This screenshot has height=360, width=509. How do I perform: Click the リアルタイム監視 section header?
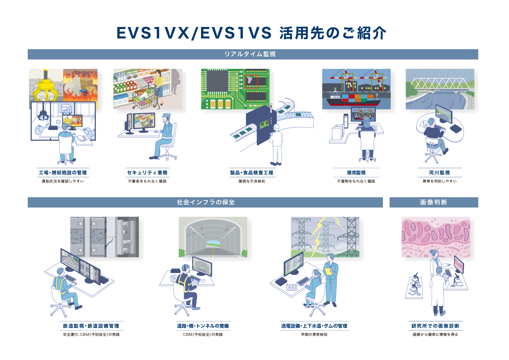pyautogui.click(x=250, y=54)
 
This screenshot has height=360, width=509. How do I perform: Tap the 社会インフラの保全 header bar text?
pyautogui.click(x=206, y=202)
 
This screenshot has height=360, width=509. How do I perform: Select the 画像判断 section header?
pyautogui.click(x=433, y=202)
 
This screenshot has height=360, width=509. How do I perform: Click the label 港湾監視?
pyautogui.click(x=356, y=173)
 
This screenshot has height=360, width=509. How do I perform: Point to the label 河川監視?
pyautogui.click(x=440, y=173)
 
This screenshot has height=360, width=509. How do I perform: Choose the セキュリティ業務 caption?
pyautogui.click(x=147, y=173)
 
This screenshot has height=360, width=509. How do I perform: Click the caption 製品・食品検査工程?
pyautogui.click(x=252, y=173)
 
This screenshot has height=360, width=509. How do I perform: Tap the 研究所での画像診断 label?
pyautogui.click(x=435, y=326)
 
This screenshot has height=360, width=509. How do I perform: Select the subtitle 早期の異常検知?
pyautogui.click(x=314, y=334)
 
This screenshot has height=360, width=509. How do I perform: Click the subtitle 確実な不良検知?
pyautogui.click(x=252, y=181)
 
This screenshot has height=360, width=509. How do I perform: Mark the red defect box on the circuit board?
pyautogui.click(x=251, y=81)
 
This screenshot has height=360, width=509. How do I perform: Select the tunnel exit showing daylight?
pyautogui.click(x=213, y=244)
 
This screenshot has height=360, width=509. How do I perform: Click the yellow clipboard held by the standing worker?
pyautogui.click(x=328, y=271)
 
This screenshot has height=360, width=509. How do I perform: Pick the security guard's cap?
pyautogui.click(x=166, y=115)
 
